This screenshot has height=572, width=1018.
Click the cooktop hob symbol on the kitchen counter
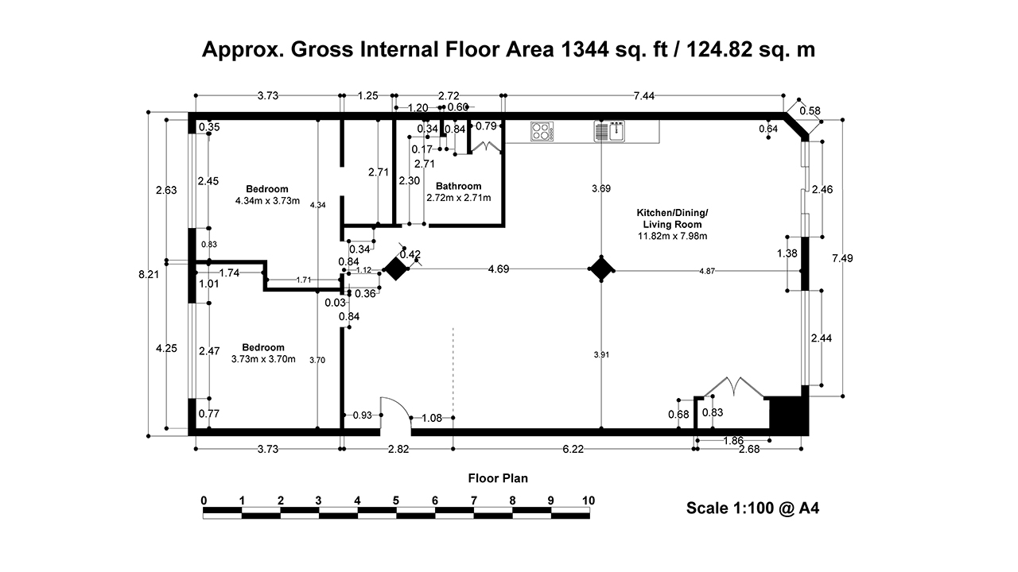point(542,131)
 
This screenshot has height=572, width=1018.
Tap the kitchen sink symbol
point(610,131)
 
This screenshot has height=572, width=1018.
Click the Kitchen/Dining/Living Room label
point(671,224)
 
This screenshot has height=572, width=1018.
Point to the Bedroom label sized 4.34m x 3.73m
point(266,195)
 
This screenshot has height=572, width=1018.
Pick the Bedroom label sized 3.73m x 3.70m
point(263,353)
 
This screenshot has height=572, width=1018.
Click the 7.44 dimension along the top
point(644,96)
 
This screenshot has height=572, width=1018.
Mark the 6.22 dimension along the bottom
point(573,450)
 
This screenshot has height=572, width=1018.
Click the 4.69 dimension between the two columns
point(499,269)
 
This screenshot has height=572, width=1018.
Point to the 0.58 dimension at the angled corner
point(810,110)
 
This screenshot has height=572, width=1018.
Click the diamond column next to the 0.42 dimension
point(395,269)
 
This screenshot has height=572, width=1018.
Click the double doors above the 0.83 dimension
point(736,387)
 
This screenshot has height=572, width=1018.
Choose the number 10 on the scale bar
point(589,500)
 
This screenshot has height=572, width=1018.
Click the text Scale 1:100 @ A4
point(752,508)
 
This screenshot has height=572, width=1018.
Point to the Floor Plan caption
point(498,478)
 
